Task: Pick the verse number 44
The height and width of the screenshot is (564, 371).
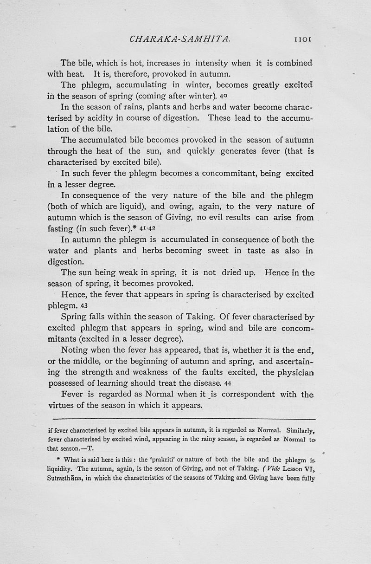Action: pos(228,383)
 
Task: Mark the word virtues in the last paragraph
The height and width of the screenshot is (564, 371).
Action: pos(63,405)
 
